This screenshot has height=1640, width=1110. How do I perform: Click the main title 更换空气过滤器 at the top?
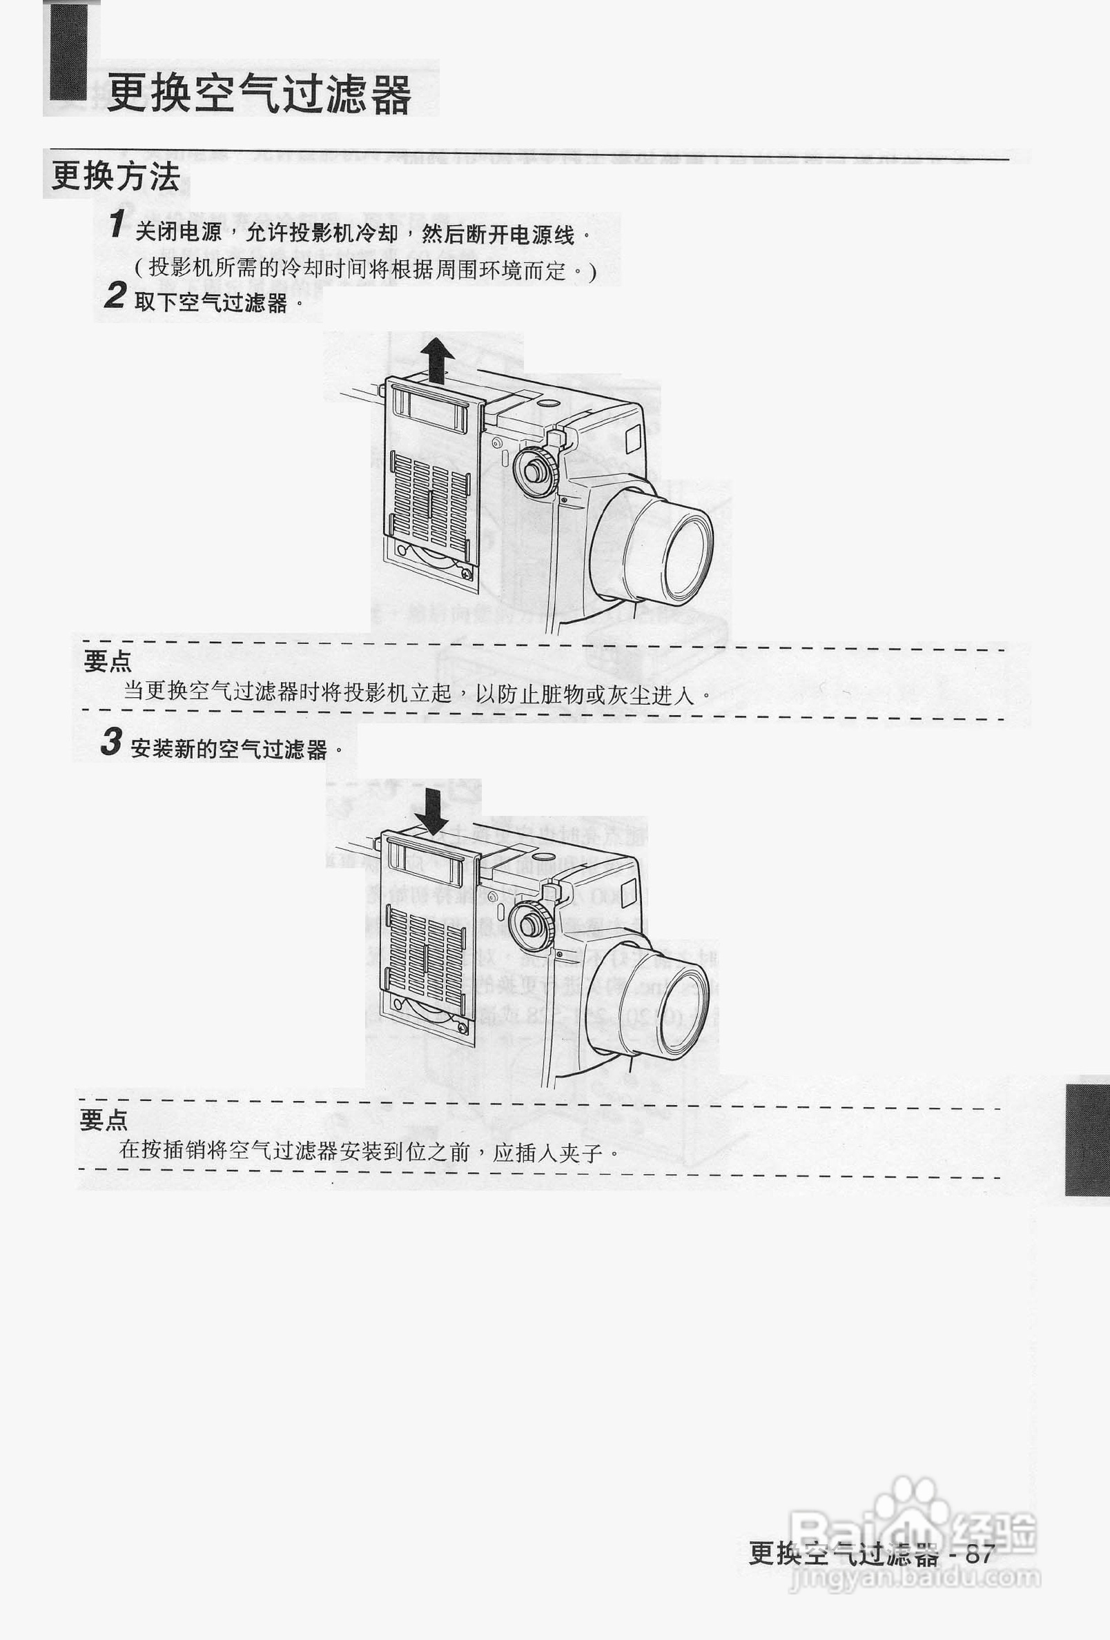(258, 94)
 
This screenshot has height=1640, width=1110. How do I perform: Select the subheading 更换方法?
(116, 176)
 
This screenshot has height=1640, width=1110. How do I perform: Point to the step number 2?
(116, 295)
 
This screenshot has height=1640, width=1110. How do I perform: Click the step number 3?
(110, 742)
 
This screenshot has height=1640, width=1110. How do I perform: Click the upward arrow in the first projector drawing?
(438, 359)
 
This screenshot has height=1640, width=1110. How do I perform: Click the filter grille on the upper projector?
(429, 503)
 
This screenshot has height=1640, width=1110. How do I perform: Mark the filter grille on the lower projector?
(424, 952)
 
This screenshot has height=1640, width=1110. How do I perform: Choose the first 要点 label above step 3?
(107, 661)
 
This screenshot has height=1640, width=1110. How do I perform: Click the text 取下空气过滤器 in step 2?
(211, 303)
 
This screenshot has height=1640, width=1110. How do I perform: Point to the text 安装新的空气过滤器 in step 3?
(228, 749)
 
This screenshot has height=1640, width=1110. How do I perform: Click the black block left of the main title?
(68, 51)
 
